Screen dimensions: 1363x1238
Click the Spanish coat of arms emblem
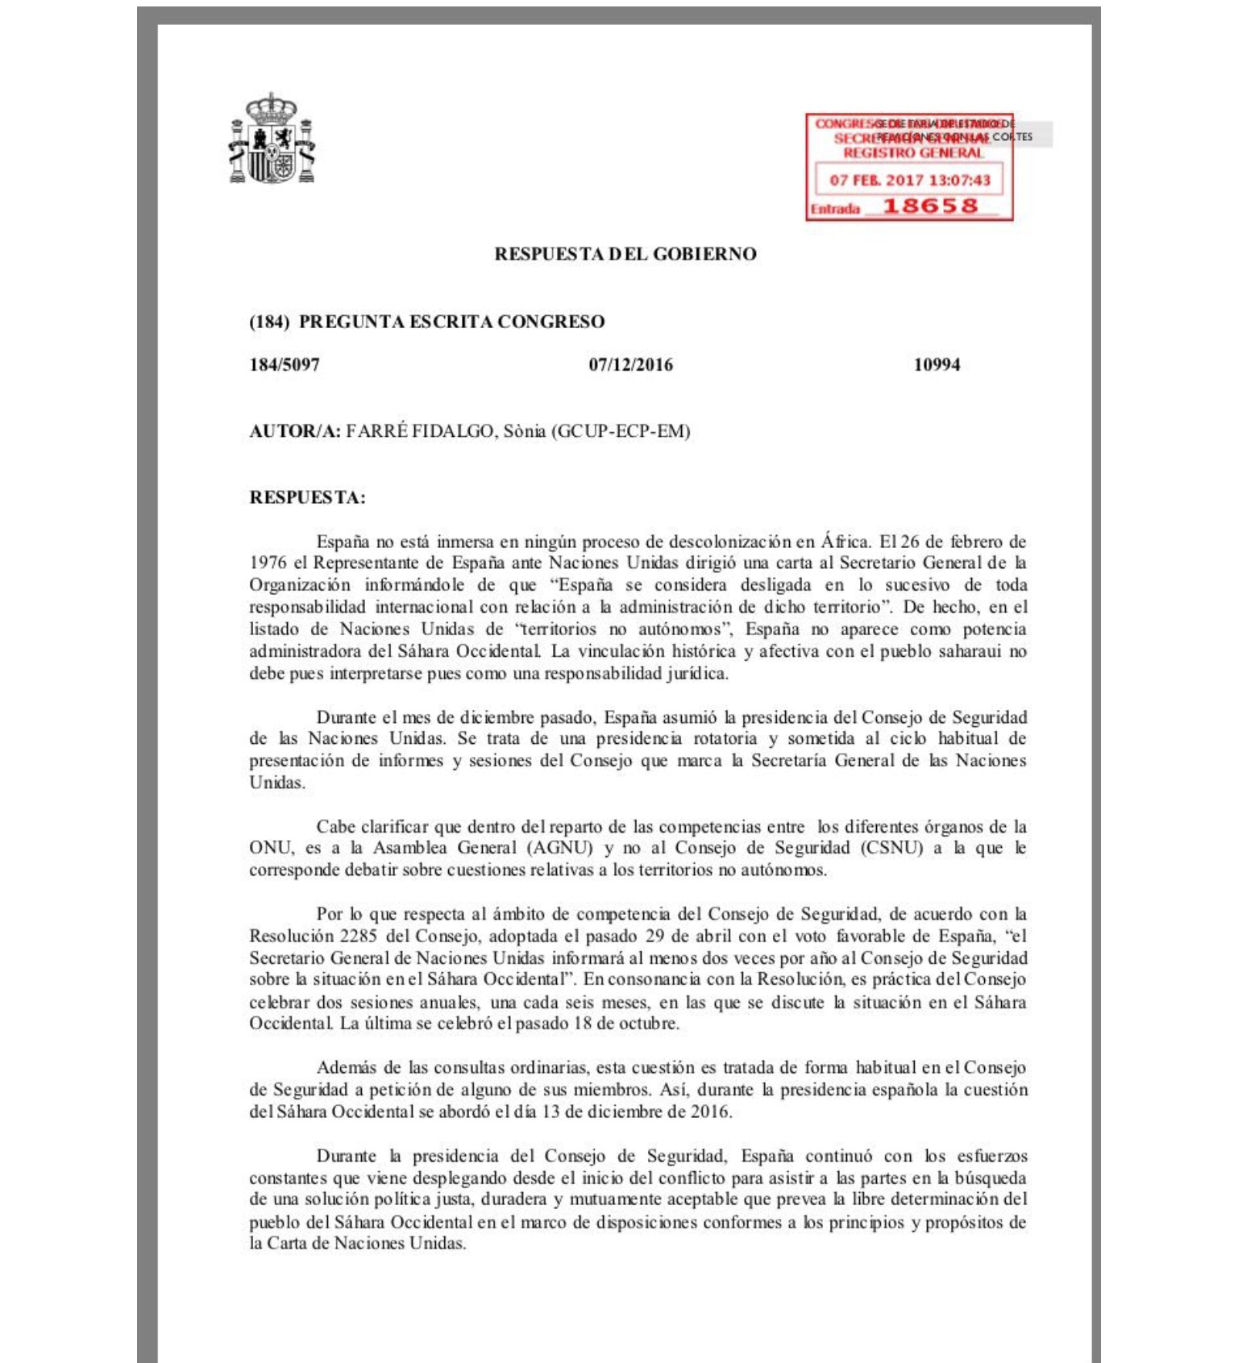click(272, 139)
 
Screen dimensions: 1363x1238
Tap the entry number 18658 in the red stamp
click(929, 206)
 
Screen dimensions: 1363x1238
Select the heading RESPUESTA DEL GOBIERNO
click(625, 254)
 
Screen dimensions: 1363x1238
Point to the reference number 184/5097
click(285, 364)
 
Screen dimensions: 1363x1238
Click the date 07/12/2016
click(630, 364)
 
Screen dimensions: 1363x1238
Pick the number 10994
click(937, 364)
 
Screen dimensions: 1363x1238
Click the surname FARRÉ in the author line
click(377, 431)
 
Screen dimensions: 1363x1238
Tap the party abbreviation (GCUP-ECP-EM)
click(621, 431)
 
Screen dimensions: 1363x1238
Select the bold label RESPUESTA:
click(307, 497)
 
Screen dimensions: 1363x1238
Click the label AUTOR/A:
click(295, 431)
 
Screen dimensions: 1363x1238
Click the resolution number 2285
click(358, 936)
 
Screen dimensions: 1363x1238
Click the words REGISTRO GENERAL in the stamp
click(913, 153)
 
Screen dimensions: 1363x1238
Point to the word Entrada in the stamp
click(834, 210)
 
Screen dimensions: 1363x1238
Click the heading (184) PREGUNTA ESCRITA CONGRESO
click(427, 322)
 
